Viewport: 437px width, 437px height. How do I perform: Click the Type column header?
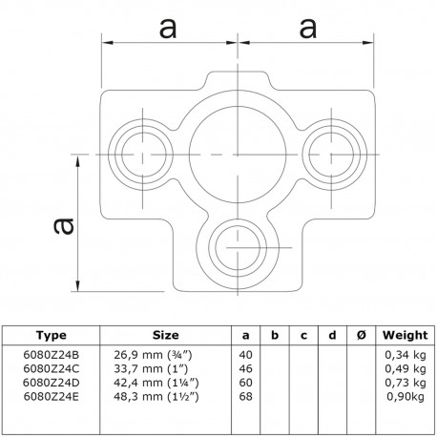click(x=52, y=335)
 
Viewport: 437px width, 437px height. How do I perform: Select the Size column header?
click(x=165, y=335)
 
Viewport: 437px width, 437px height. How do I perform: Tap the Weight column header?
click(x=406, y=335)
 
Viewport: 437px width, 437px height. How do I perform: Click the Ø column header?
click(x=361, y=335)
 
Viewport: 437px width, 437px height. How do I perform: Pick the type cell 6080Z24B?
click(x=52, y=355)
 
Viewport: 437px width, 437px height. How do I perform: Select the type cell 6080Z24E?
click(x=51, y=397)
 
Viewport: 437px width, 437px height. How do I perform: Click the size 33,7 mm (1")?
click(x=151, y=368)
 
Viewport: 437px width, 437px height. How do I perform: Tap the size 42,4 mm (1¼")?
click(x=156, y=383)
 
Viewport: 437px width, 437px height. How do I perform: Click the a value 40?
click(x=245, y=355)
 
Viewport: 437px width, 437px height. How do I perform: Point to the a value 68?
click(x=245, y=397)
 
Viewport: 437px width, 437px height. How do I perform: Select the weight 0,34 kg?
click(x=406, y=355)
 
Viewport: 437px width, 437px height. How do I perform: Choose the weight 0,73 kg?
click(x=406, y=383)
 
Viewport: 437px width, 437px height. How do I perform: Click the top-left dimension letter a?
click(x=168, y=29)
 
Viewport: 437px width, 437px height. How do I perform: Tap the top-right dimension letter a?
click(x=308, y=29)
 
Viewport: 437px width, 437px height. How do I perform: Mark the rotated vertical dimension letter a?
click(x=64, y=226)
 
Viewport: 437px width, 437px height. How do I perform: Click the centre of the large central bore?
click(x=238, y=155)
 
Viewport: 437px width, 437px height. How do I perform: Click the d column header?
click(x=332, y=335)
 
